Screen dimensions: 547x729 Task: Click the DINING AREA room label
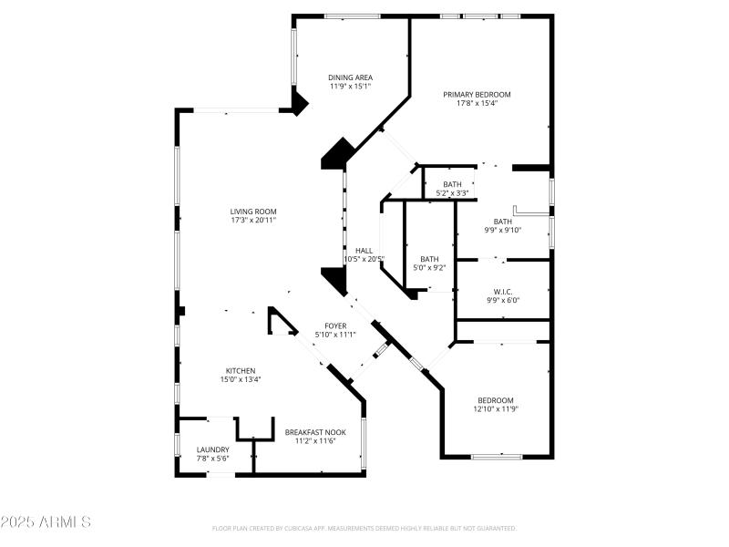click(x=350, y=77)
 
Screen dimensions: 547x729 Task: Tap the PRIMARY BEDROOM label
click(x=477, y=94)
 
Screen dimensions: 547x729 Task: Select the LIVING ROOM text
click(x=252, y=212)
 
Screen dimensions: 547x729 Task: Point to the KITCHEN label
click(x=241, y=370)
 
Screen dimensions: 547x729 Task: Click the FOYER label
click(x=335, y=325)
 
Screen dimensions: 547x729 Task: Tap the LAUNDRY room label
click(x=213, y=449)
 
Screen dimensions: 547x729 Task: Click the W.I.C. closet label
click(x=502, y=290)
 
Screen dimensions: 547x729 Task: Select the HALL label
click(x=364, y=250)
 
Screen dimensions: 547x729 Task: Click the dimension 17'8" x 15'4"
click(x=477, y=103)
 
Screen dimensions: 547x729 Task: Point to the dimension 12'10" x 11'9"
click(x=496, y=409)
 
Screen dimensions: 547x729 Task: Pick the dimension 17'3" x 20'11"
click(x=252, y=221)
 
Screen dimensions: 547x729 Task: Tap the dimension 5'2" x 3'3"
click(x=452, y=193)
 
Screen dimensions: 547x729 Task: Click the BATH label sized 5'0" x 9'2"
click(x=429, y=259)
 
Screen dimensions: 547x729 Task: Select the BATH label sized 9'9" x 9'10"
click(x=502, y=221)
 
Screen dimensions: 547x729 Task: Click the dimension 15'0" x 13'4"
click(x=241, y=379)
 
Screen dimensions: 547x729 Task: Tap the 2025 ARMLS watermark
click(x=46, y=522)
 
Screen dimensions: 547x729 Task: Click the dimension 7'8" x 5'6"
click(x=213, y=459)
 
